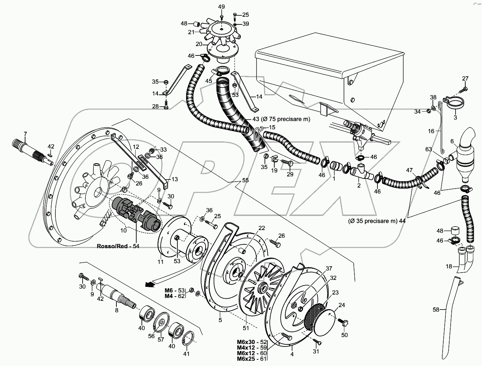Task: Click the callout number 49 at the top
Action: pyautogui.click(x=222, y=7)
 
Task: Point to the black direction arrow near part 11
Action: pyautogui.click(x=150, y=284)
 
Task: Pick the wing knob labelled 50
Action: pyautogui.click(x=344, y=324)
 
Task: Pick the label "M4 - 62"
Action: pyautogui.click(x=175, y=296)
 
